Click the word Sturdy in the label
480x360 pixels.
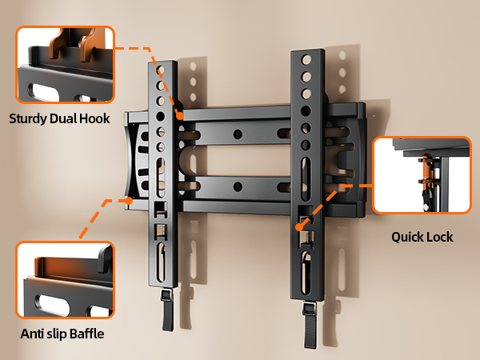click(x=28, y=119)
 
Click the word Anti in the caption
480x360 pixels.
click(x=32, y=334)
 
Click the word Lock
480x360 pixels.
click(x=438, y=237)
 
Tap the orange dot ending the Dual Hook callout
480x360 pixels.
click(x=180, y=116)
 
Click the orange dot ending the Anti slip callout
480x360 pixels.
click(x=129, y=201)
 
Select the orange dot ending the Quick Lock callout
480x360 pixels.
click(x=299, y=227)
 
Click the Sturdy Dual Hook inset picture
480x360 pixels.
click(x=66, y=65)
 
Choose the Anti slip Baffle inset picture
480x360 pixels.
click(x=66, y=280)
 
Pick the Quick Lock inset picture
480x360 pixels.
click(x=422, y=174)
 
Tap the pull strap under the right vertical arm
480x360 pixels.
click(x=310, y=325)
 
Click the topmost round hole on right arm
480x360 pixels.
click(x=306, y=59)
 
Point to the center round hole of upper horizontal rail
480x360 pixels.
click(x=238, y=134)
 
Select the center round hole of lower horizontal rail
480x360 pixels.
click(x=238, y=186)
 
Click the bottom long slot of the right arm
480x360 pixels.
click(x=306, y=273)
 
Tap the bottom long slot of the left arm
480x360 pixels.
click(x=162, y=262)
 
